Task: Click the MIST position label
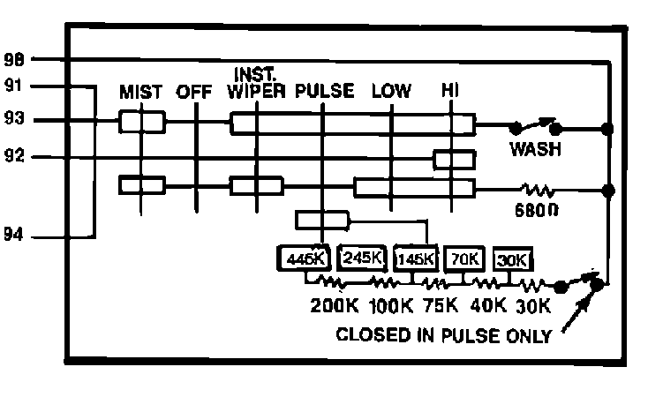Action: [141, 92]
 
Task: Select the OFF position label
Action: [195, 92]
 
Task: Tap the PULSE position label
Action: [325, 92]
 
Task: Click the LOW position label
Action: [391, 92]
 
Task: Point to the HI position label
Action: [450, 92]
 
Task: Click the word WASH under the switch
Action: [535, 149]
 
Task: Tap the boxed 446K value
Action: [304, 259]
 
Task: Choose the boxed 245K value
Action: [362, 258]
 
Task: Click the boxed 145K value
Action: [416, 259]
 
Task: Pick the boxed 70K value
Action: [464, 258]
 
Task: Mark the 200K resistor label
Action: [333, 307]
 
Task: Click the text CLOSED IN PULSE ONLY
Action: [444, 335]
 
